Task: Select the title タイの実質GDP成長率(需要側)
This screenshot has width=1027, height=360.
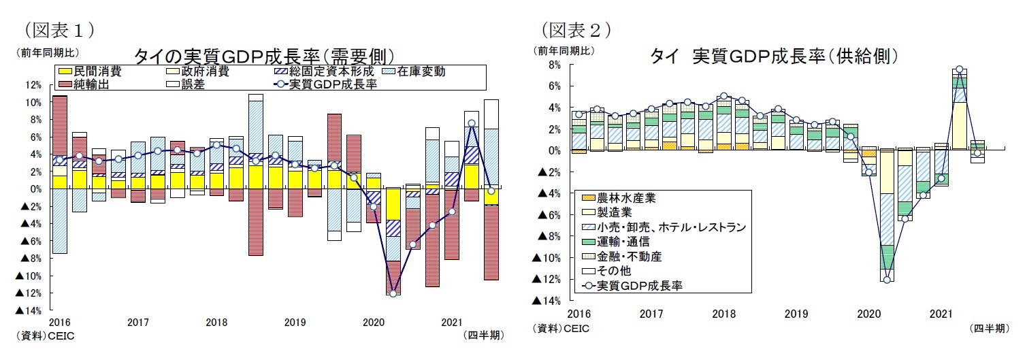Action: (x=265, y=55)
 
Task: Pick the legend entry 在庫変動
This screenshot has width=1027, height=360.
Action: (x=422, y=71)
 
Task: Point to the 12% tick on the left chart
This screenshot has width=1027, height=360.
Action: (x=33, y=85)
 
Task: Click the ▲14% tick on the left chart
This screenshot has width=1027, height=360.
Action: (x=29, y=311)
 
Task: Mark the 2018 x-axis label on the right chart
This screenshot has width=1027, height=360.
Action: (x=723, y=314)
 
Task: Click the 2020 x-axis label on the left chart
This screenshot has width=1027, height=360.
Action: (x=373, y=322)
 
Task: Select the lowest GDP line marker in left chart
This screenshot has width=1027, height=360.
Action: (x=393, y=293)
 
